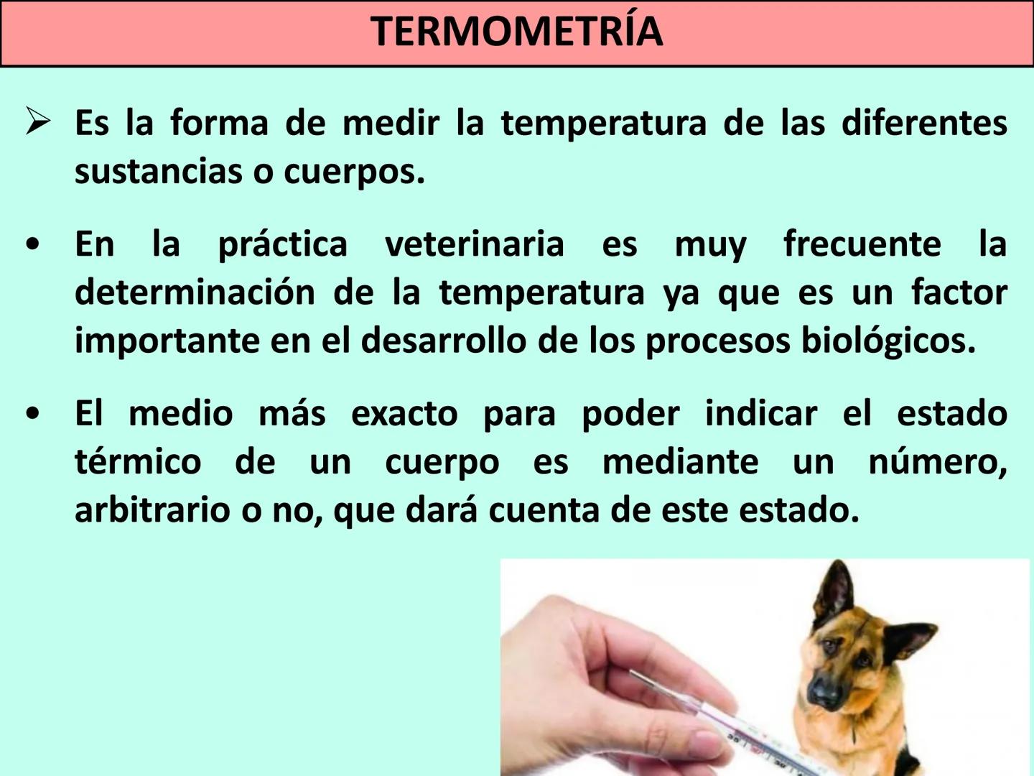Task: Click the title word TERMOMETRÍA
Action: point(516,32)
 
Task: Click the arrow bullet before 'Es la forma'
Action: point(37,121)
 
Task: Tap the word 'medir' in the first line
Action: point(391,123)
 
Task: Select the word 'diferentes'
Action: point(924,123)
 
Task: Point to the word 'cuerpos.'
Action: point(354,172)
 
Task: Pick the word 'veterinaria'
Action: point(475,244)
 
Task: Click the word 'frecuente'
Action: point(862,244)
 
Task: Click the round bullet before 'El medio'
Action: point(32,415)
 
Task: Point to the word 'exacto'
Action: point(404,415)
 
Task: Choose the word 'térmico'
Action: point(138,462)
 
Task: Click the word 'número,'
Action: point(937,462)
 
